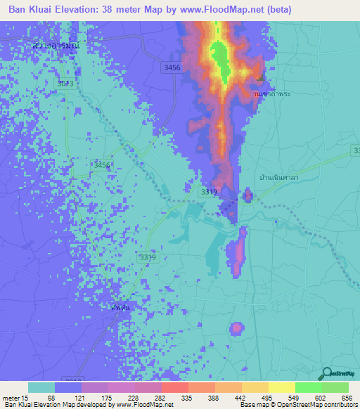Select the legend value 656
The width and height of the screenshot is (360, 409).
pos(347,398)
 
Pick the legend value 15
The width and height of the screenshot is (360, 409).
pos(27,398)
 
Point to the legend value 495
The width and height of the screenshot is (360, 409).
pos(267,398)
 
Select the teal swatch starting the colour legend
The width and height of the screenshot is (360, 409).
pos(41,387)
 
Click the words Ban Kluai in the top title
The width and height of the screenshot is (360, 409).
pos(32,10)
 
